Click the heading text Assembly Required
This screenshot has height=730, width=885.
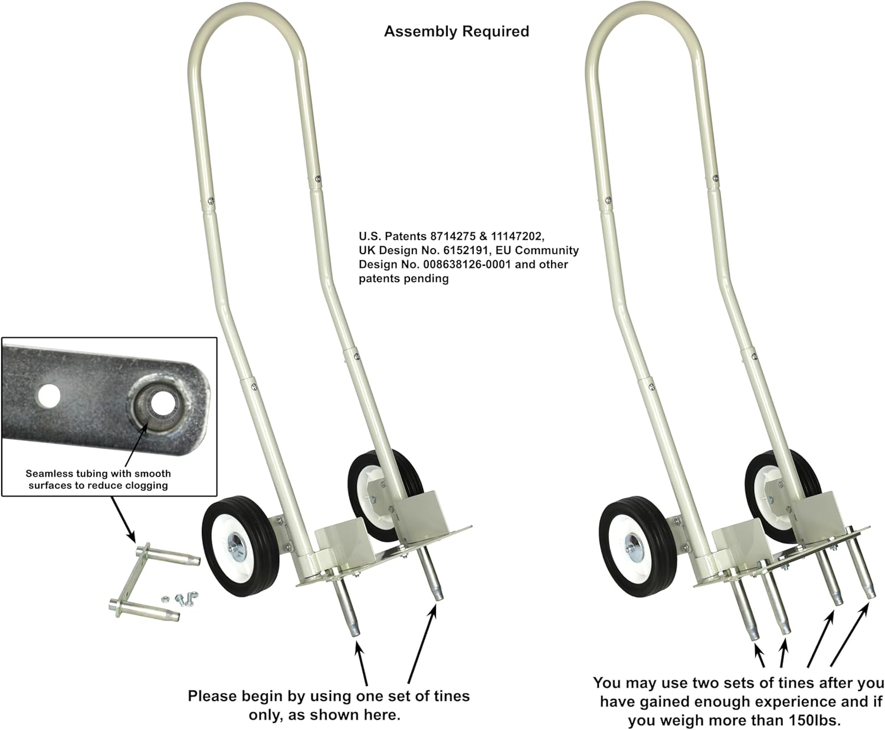(456, 31)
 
